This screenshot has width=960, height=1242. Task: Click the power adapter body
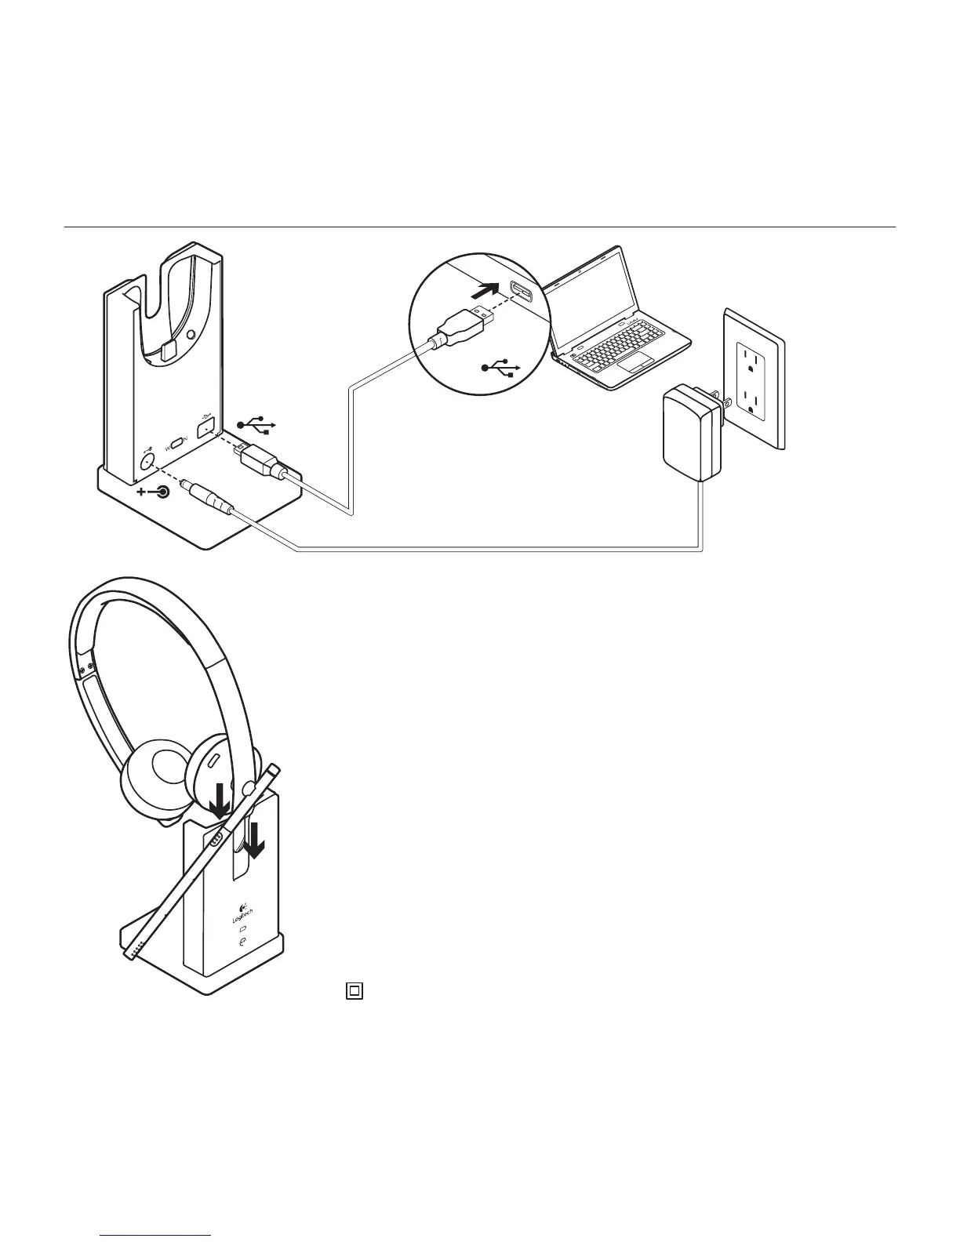pyautogui.click(x=689, y=435)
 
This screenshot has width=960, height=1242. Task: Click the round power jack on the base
pyautogui.click(x=147, y=461)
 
